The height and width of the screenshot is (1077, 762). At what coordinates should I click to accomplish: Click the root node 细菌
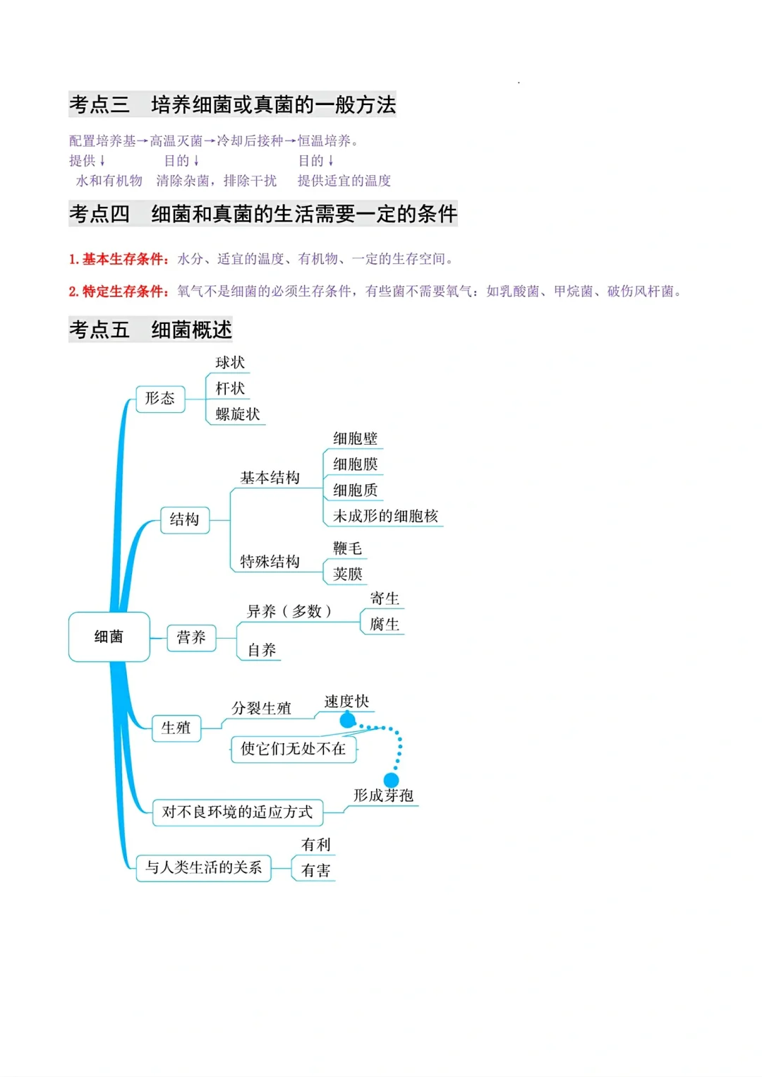point(109,637)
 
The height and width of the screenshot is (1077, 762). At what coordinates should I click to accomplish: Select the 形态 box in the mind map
point(160,399)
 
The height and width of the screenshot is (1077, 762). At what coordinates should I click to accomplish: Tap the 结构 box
point(185,520)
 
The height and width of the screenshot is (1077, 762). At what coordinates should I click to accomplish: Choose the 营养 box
point(191,638)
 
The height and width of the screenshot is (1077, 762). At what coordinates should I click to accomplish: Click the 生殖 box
point(176,728)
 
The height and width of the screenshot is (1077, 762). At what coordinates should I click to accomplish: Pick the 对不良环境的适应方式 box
point(238,812)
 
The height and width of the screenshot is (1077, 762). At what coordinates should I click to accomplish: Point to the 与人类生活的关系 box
point(204,867)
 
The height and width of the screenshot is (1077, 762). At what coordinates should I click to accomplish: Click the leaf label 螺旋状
point(238,414)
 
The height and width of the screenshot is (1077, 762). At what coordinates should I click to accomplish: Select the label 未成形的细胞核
point(385,516)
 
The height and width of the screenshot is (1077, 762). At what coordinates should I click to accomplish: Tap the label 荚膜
point(348,574)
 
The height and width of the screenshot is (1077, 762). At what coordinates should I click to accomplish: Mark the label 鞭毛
point(348,548)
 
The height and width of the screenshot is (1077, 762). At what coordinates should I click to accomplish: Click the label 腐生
point(385,625)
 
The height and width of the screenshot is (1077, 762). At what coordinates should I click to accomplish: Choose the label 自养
point(262,650)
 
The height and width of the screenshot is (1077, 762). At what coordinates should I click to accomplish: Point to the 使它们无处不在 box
point(294,749)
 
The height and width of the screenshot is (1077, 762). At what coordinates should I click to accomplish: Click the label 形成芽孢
point(383,795)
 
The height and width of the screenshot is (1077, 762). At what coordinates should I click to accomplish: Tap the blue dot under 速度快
point(348,720)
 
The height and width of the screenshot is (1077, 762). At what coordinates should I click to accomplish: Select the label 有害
point(315,871)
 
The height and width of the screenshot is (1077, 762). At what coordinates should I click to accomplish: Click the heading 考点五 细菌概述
point(150,330)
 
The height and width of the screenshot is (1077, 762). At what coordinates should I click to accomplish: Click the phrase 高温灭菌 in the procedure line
point(176,141)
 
